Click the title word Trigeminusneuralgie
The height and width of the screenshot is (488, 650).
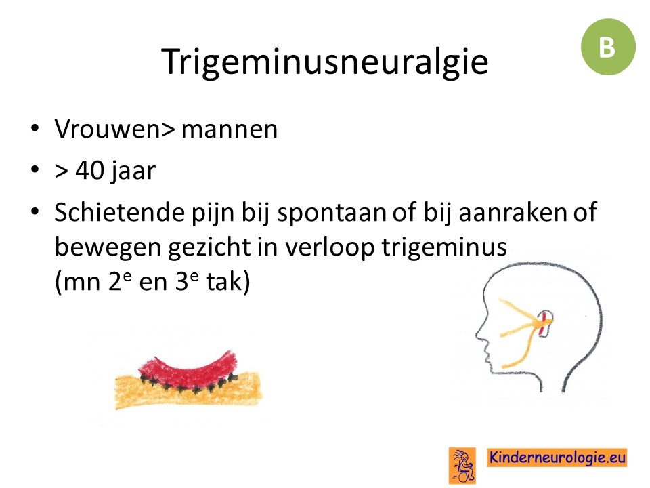click(x=324, y=62)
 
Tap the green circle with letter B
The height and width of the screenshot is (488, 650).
click(x=608, y=47)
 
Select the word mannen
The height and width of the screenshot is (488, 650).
click(x=230, y=129)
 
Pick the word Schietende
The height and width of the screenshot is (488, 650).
click(x=119, y=211)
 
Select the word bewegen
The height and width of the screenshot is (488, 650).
click(x=108, y=248)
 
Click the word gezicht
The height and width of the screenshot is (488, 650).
click(x=209, y=248)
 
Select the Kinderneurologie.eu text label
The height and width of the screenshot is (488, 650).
click(x=557, y=457)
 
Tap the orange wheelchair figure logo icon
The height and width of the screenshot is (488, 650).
click(x=462, y=465)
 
